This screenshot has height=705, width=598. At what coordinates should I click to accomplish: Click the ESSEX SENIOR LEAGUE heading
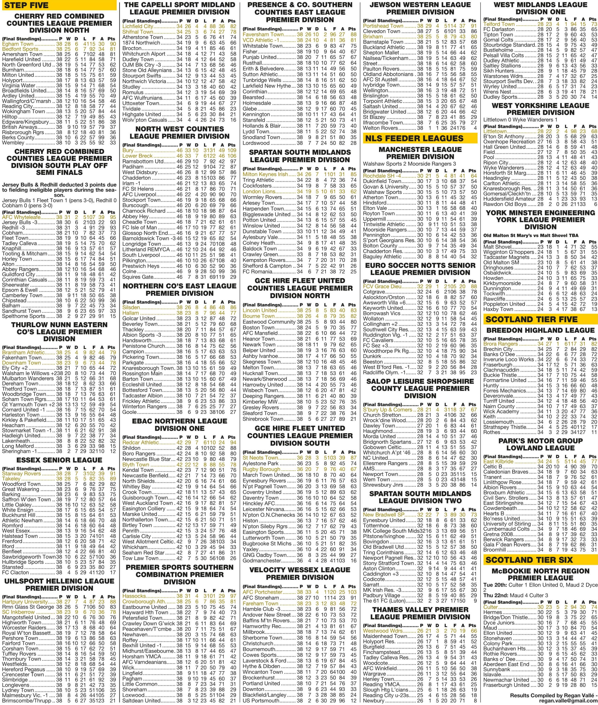point(59,460)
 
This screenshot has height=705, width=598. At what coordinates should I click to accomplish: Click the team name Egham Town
point(18,44)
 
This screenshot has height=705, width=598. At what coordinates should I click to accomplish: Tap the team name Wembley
point(13,143)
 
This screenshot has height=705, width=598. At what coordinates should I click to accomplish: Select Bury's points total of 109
point(232,150)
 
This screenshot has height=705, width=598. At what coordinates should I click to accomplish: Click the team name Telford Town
point(499,24)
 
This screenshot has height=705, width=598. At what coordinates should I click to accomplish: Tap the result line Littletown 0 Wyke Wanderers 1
point(520,120)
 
